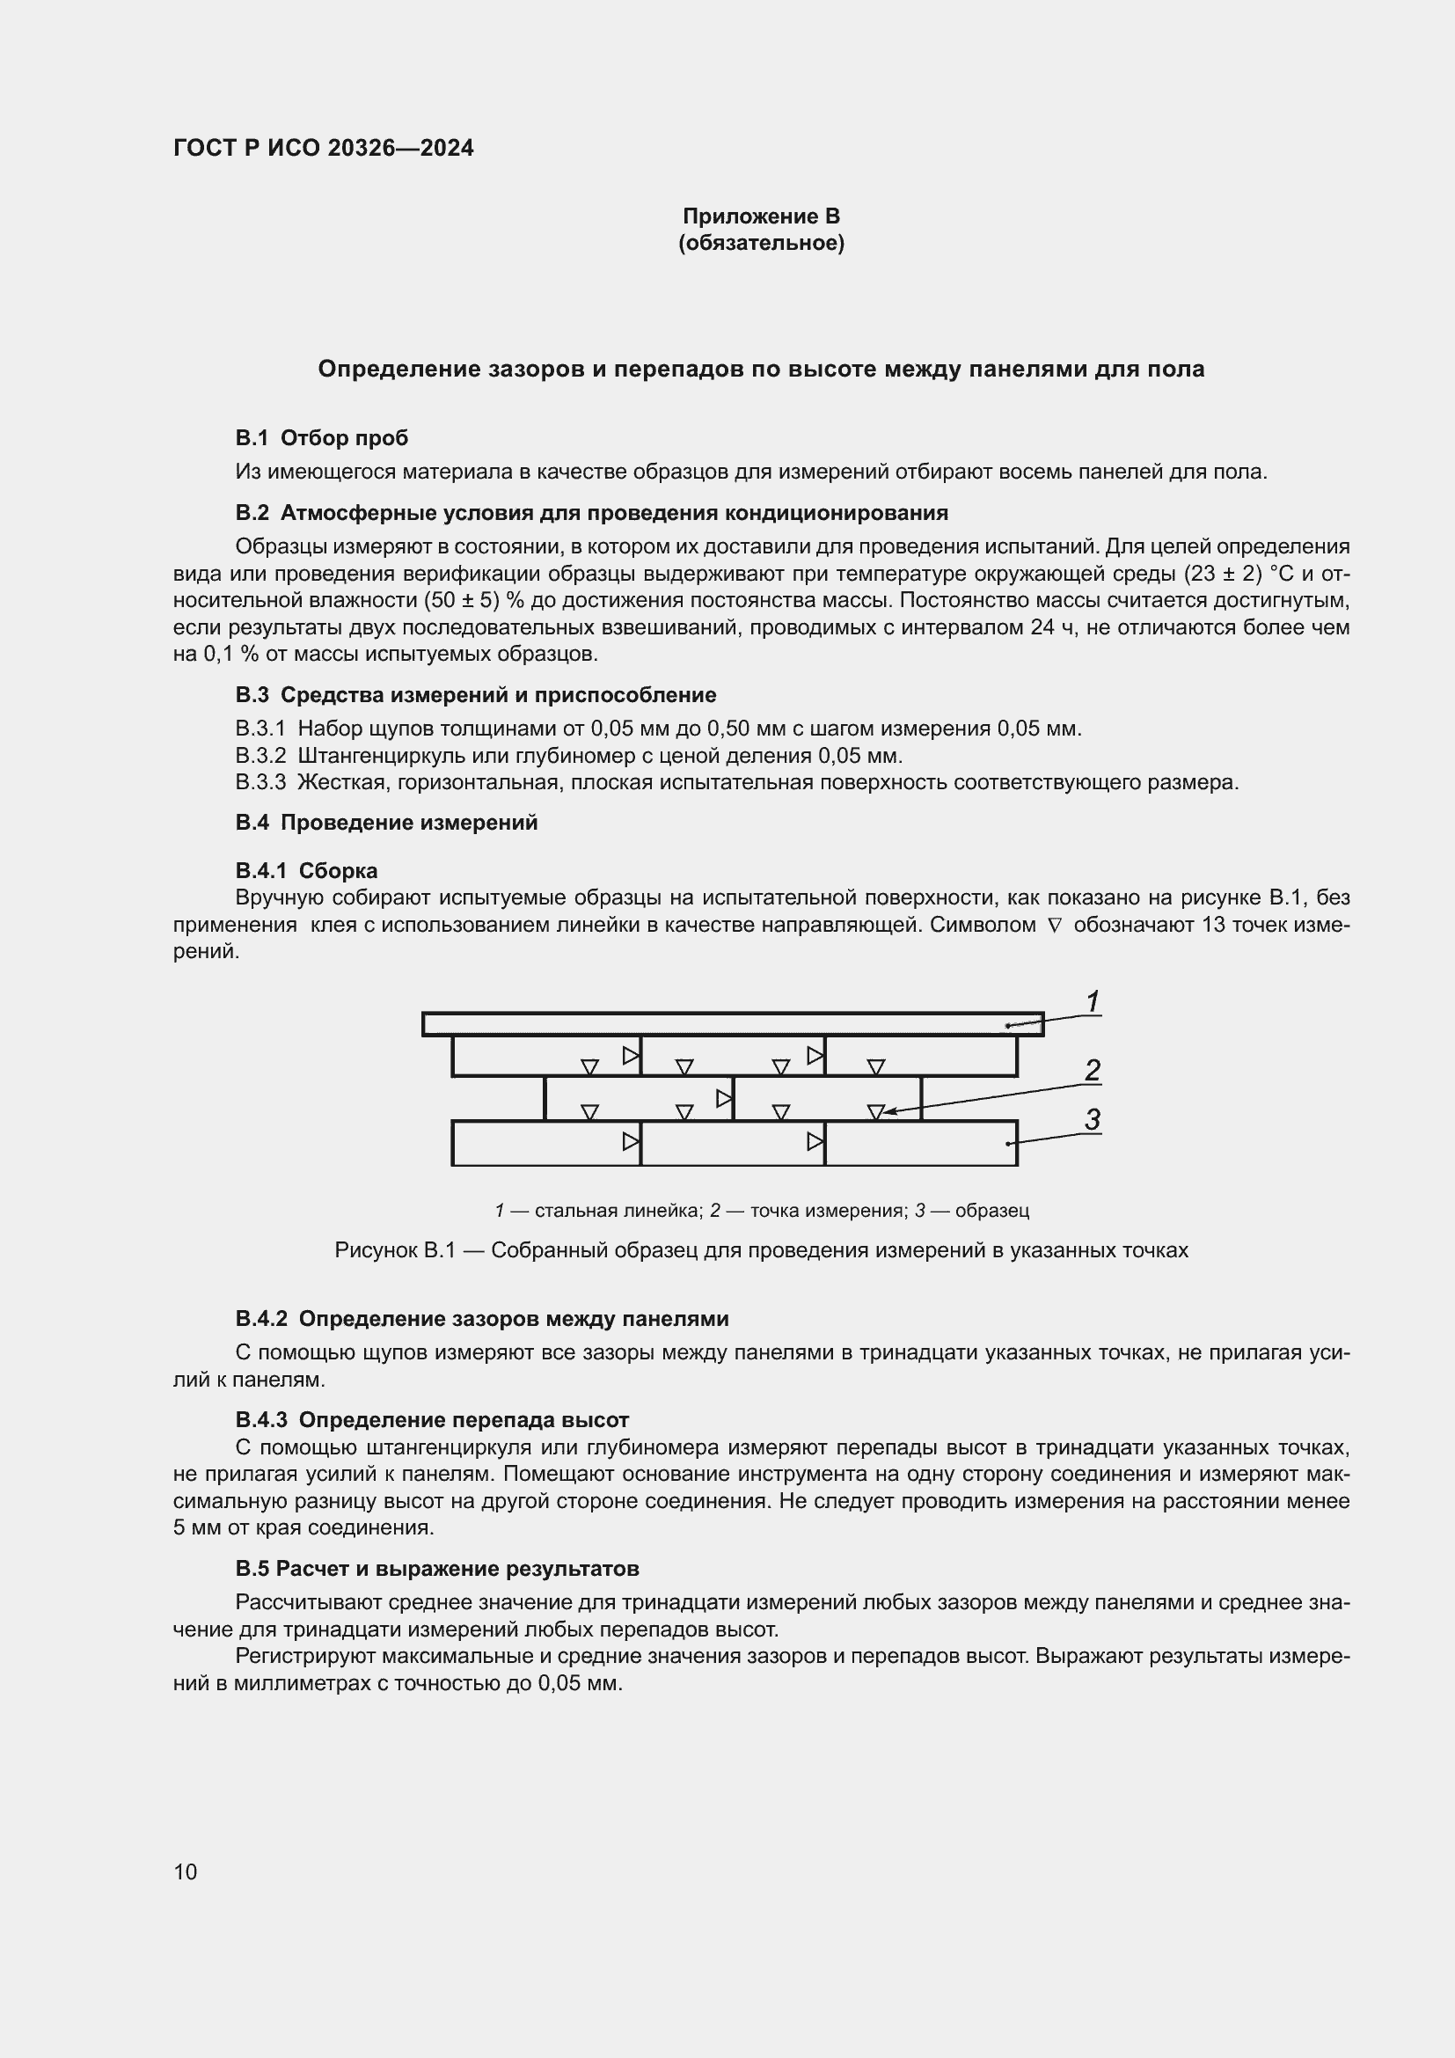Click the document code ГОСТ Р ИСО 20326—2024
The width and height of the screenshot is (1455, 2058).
pos(324,148)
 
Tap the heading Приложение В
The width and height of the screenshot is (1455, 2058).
pos(761,216)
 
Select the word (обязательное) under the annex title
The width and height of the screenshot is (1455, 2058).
pos(761,243)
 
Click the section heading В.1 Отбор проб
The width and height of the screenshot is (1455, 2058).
pos(322,437)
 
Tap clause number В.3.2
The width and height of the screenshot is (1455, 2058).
pos(260,755)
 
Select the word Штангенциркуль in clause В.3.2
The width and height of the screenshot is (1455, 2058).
pos(376,755)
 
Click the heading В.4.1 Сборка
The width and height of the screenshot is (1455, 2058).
pos(306,870)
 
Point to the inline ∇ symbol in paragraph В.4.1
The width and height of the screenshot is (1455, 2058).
pos(1054,925)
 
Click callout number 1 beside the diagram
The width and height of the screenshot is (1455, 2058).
pos(1093,1001)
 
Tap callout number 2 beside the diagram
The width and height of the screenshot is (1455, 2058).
pos(1093,1070)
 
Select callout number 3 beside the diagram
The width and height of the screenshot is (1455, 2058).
pos(1093,1119)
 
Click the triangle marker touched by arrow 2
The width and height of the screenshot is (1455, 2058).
pos(876,1111)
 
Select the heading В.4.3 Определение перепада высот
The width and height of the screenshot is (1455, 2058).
pos(432,1420)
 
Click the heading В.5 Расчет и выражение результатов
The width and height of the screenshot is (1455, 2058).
pos(437,1569)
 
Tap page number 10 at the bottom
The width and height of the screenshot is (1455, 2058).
pos(186,1871)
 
